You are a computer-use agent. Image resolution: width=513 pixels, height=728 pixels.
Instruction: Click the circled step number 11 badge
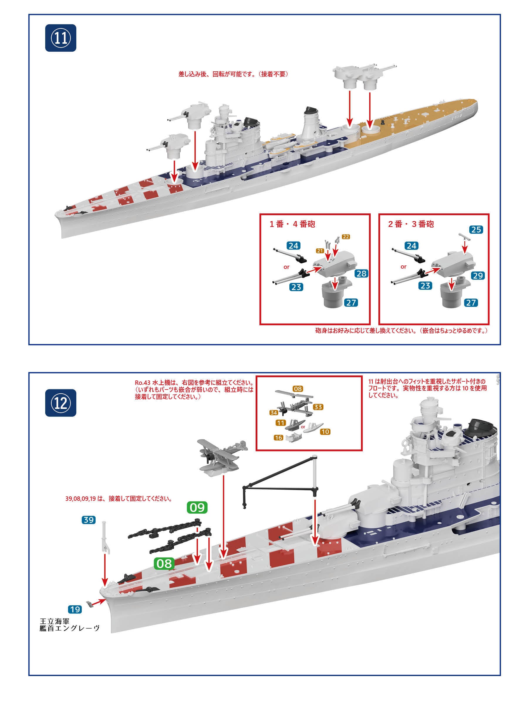[x=60, y=38]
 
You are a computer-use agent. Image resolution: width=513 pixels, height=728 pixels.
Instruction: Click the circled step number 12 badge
[x=60, y=403]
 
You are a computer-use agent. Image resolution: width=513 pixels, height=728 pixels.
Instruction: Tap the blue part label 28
[x=361, y=274]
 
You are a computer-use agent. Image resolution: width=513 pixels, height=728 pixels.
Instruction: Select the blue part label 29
[x=478, y=276]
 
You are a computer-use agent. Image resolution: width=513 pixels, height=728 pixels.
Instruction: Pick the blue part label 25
[x=476, y=230]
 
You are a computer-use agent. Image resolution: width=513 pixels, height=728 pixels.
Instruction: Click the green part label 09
[x=197, y=507]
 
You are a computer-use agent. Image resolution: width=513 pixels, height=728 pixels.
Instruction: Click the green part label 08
[x=164, y=563]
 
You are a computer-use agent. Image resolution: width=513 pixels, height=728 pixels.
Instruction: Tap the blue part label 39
[x=89, y=520]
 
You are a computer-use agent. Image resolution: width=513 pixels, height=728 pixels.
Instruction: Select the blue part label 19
[x=75, y=609]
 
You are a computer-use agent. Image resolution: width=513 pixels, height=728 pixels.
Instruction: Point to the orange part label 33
[x=318, y=407]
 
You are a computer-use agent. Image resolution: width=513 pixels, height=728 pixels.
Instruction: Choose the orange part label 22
[x=346, y=237]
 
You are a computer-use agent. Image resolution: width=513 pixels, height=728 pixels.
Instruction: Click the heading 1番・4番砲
[x=292, y=224]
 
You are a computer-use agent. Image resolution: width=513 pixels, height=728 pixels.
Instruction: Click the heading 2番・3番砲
[x=411, y=224]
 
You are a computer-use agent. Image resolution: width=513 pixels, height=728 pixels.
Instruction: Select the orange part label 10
[x=325, y=432]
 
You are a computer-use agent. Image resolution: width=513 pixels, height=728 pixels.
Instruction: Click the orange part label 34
[x=274, y=412]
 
